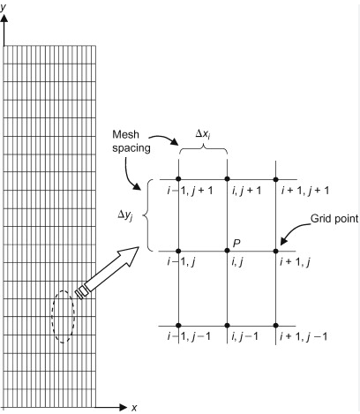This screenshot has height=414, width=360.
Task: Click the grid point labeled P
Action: click(x=227, y=251)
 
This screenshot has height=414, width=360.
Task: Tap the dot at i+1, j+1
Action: click(x=275, y=179)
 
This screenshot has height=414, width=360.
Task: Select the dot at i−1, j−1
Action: click(x=178, y=326)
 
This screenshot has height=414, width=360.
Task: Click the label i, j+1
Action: click(x=246, y=191)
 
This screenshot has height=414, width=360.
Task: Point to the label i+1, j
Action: click(x=295, y=261)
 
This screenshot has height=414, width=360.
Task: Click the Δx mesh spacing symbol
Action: click(x=203, y=134)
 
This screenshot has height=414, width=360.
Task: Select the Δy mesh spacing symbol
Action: click(x=125, y=215)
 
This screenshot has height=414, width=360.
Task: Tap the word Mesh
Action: click(x=125, y=134)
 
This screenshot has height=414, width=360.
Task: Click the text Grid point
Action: click(x=334, y=219)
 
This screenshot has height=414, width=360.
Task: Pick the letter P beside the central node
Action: click(x=236, y=243)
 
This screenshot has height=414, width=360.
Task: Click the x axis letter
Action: click(x=134, y=408)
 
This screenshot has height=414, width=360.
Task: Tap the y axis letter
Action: click(x=4, y=8)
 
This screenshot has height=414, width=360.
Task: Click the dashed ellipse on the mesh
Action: click(x=52, y=317)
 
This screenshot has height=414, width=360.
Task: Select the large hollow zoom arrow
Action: click(x=108, y=273)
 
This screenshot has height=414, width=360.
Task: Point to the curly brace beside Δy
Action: click(x=146, y=215)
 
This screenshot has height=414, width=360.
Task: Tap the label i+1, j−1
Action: click(x=304, y=336)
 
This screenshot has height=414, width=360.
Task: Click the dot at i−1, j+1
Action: click(x=178, y=179)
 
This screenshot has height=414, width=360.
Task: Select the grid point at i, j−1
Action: click(x=227, y=326)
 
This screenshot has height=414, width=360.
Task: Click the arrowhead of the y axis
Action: click(x=4, y=19)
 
